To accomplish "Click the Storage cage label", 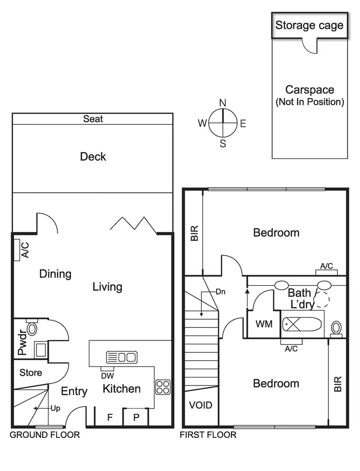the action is pos(310,25).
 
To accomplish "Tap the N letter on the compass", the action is pos(223,103).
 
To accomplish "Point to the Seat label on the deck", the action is pos(93,119).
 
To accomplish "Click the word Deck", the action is pos(93,157).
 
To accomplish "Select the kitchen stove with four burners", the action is pos(162,387).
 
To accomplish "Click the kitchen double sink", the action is pos(121,357).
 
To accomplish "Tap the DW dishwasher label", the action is pos(108,376).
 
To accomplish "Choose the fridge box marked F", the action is pos(109,417).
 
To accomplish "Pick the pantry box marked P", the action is pos(136,417).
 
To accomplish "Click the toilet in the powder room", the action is pos(32,328).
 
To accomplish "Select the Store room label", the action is pos(31,373).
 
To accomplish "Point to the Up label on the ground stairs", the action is pos(56,409).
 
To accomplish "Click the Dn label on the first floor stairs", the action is pos(220,291).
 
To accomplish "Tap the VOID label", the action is pos(201,405).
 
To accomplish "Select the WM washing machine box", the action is pos(264,324).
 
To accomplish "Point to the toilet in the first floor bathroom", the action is pos(336,327).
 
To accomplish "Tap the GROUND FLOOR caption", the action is pos(45,435).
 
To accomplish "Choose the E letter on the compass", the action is pos(243,123).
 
